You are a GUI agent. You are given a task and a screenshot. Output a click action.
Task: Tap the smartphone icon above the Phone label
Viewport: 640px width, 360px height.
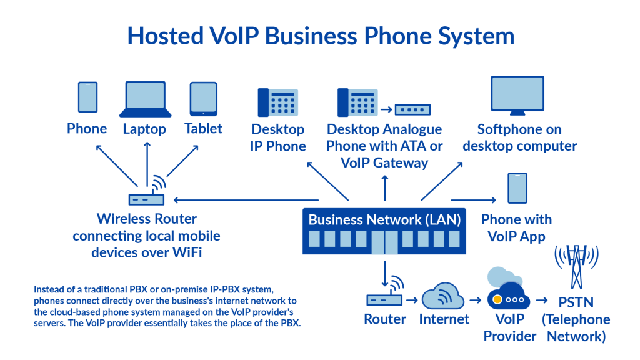(87, 98)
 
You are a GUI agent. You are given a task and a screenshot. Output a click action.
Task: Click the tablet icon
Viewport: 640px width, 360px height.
(204, 99)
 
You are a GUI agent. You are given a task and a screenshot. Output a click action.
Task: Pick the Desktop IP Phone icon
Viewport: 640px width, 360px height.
(277, 101)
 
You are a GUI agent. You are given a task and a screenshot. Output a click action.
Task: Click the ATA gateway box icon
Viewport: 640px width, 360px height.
(412, 109)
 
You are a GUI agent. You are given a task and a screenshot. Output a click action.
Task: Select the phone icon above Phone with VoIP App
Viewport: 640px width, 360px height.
(517, 188)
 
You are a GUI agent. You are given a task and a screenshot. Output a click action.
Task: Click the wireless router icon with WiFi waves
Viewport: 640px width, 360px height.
(147, 195)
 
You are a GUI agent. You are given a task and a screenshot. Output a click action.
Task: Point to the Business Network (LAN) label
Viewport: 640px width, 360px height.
(384, 219)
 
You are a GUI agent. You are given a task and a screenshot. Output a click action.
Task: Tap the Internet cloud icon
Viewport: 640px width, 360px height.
(443, 296)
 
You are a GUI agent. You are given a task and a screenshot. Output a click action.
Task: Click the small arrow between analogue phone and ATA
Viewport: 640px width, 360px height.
(386, 110)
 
